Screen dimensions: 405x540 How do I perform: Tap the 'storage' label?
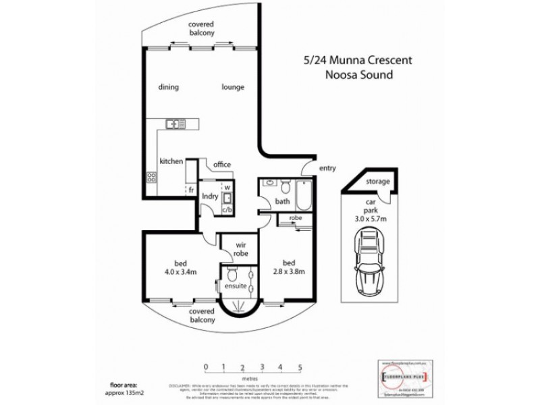click(x=377, y=182)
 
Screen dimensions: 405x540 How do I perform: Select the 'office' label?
click(x=222, y=164)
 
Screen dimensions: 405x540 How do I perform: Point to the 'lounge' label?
click(x=232, y=87)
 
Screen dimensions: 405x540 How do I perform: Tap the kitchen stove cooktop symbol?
click(x=152, y=178)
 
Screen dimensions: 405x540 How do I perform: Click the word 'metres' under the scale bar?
click(x=251, y=379)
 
